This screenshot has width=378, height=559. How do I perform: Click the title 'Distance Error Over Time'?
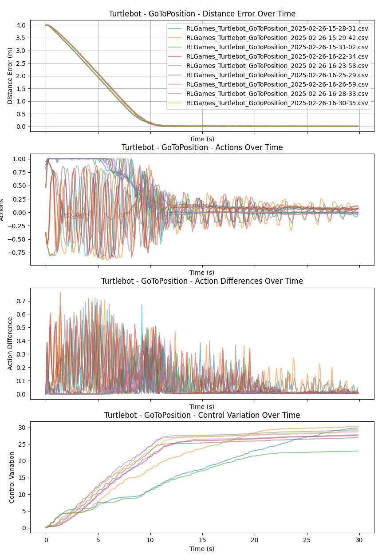coord(202,14)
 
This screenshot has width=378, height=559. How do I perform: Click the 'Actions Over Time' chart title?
coord(202,147)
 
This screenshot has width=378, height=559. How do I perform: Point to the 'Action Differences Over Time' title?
coord(202,281)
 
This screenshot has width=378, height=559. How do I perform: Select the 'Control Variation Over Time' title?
coord(202,415)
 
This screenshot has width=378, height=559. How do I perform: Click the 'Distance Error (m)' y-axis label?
coord(11,76)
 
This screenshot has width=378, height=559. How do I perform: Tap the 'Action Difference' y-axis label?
coord(11,343)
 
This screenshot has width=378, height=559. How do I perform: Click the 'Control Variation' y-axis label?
coord(12,477)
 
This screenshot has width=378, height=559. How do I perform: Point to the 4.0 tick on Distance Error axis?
coord(21,25)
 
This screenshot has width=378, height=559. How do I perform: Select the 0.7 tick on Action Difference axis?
coord(21,301)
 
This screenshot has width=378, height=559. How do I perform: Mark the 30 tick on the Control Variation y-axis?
coord(23,428)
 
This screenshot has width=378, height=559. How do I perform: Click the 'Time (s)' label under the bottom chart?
coord(202,549)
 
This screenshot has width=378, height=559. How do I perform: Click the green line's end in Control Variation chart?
coord(358,451)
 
